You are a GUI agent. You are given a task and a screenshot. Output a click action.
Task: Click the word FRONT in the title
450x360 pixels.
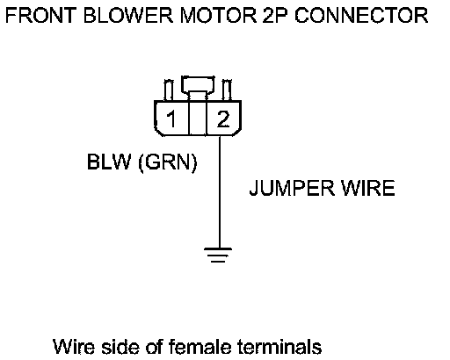click(x=40, y=15)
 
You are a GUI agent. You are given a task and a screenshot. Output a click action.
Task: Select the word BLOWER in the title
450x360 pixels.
click(x=128, y=15)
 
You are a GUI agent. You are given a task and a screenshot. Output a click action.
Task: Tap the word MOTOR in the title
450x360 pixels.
click(x=218, y=15)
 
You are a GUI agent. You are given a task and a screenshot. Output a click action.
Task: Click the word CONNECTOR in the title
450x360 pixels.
click(x=361, y=15)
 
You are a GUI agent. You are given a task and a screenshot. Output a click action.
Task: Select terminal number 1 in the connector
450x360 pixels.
click(x=171, y=119)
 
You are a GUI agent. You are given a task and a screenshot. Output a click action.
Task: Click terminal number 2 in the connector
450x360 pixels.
click(x=223, y=119)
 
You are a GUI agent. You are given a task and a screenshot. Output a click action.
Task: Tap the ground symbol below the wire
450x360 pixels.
click(x=218, y=255)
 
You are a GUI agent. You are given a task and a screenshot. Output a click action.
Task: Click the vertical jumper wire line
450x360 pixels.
click(x=220, y=191)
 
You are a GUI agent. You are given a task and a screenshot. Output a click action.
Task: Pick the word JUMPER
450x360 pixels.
click(x=292, y=188)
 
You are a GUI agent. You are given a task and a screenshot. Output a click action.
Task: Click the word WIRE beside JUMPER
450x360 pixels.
click(x=368, y=188)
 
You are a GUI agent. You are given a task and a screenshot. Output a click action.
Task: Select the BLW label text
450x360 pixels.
click(x=109, y=162)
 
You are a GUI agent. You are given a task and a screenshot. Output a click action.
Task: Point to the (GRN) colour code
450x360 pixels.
click(x=168, y=162)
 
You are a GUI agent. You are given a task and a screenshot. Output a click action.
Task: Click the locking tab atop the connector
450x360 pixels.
click(x=198, y=84)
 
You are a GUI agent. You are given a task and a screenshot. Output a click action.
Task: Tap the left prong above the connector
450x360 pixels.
click(x=169, y=90)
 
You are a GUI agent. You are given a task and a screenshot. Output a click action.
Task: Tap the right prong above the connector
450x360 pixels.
click(x=227, y=90)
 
